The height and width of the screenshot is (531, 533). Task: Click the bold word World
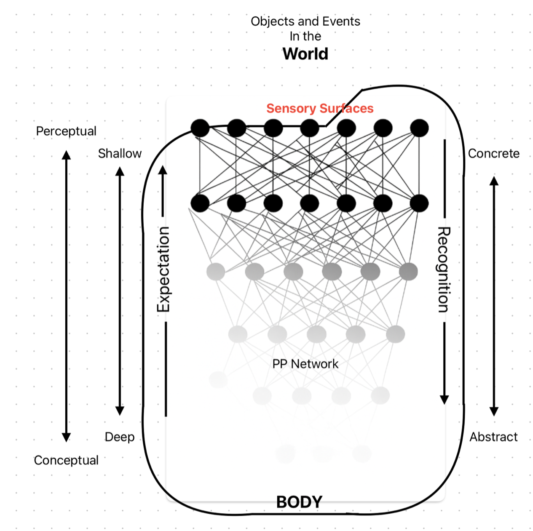pos(305,54)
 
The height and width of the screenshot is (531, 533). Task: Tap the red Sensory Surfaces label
pos(320,108)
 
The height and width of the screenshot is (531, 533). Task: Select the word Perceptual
pos(66,131)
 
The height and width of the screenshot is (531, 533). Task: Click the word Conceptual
pos(66,460)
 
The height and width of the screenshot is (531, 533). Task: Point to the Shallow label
pos(120,153)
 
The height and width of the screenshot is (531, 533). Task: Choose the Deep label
pos(120,437)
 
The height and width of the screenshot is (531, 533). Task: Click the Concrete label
pos(493,153)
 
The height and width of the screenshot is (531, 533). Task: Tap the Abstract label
pos(493,437)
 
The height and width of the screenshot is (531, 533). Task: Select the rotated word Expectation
pos(163,270)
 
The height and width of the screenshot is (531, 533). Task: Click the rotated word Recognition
pos(444,270)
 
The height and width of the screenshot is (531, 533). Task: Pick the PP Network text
pos(305,364)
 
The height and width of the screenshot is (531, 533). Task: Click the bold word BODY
pos(299,502)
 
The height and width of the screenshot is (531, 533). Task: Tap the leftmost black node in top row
pos(200,128)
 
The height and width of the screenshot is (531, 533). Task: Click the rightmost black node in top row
pos(419,128)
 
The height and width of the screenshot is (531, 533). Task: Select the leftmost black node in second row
pos(200,203)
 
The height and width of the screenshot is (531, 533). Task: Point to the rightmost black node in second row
pos(419,203)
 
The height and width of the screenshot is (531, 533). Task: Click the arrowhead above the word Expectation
pos(163,170)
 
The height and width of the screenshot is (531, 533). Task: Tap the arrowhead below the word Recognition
pos(444,400)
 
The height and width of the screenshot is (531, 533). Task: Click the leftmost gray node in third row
pos(216,272)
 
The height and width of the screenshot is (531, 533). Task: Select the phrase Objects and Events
pos(305,21)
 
